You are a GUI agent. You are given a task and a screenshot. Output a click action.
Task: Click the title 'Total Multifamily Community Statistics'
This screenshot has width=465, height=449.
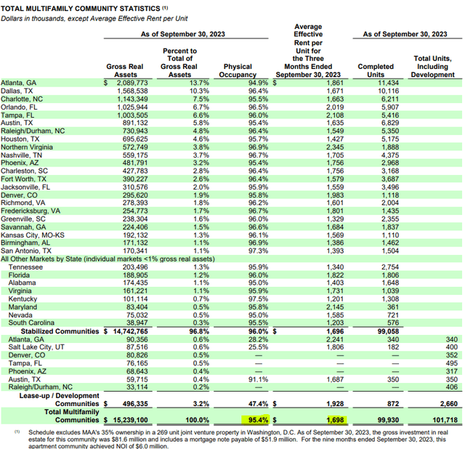click(81, 9)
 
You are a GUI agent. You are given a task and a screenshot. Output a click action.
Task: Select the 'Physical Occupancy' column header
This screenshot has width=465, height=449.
click(238, 70)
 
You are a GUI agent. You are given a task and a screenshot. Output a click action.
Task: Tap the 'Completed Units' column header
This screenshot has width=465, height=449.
click(376, 70)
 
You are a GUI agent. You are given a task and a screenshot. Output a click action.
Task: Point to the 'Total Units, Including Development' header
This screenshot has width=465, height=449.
click(433, 66)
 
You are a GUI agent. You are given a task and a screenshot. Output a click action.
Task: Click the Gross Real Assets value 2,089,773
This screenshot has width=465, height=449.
click(132, 83)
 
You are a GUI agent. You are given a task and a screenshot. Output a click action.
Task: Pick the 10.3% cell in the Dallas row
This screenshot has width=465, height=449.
click(199, 91)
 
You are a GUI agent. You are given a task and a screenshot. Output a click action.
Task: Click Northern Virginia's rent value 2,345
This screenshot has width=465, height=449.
click(335, 147)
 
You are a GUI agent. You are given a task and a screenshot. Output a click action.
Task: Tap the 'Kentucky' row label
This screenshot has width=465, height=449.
click(23, 299)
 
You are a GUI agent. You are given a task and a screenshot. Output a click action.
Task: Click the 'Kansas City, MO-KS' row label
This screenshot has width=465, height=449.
click(32, 235)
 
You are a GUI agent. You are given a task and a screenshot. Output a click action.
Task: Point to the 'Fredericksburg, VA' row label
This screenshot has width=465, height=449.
click(31, 211)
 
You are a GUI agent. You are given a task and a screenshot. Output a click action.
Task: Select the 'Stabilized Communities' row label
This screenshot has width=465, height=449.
click(60, 331)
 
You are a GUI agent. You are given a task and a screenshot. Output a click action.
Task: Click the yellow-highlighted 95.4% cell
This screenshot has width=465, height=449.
click(258, 420)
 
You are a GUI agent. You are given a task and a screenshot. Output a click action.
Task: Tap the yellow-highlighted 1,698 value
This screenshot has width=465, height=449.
click(335, 420)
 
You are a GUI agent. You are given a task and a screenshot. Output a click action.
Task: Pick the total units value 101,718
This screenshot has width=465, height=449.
click(445, 420)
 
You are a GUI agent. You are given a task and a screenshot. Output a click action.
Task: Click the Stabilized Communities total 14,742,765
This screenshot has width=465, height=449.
click(130, 331)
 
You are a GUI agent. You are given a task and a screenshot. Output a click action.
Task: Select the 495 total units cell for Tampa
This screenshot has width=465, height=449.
click(452, 363)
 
